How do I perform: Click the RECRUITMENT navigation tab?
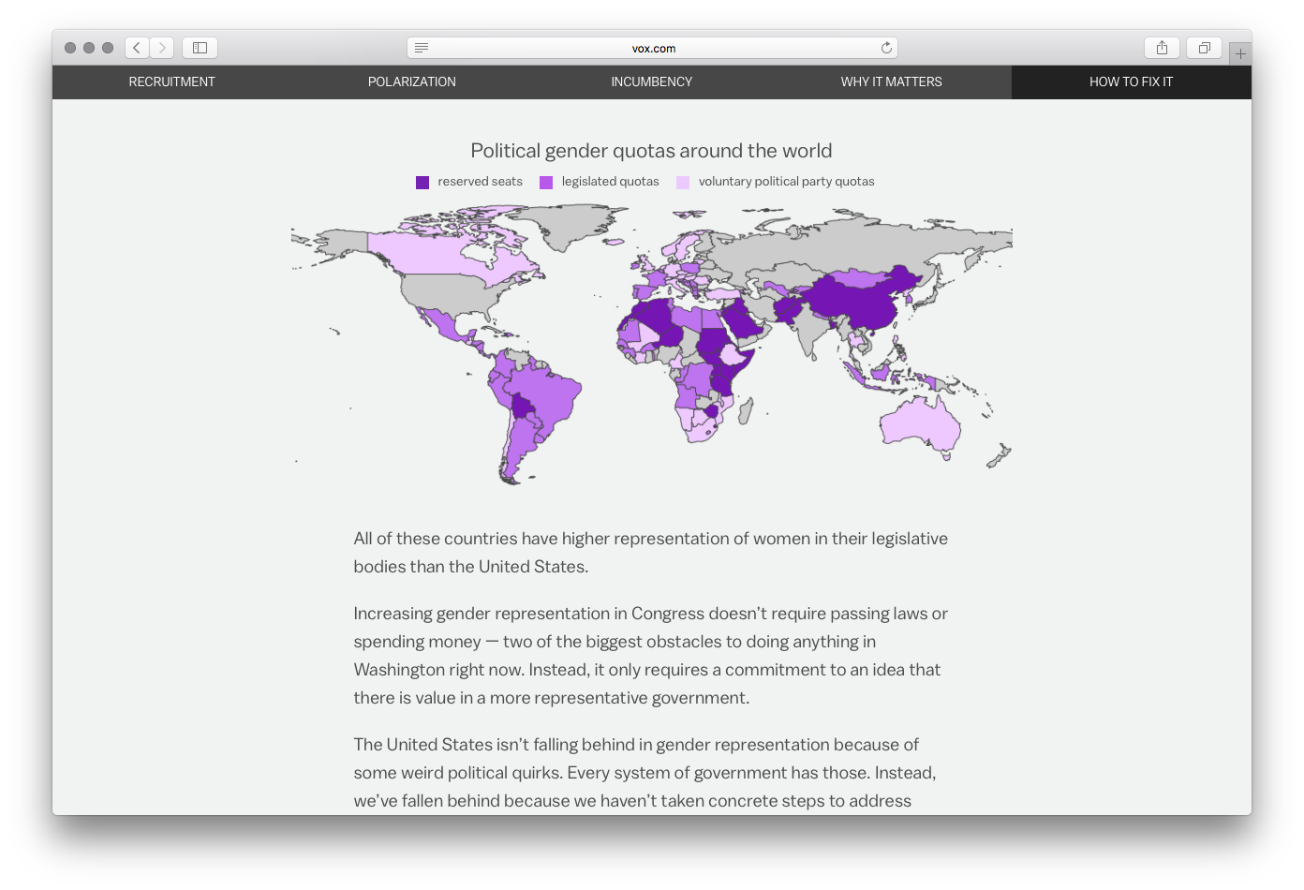pyautogui.click(x=171, y=82)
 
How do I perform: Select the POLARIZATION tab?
pyautogui.click(x=411, y=82)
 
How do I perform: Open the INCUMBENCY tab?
pyautogui.click(x=651, y=82)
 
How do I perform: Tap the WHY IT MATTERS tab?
pyautogui.click(x=891, y=82)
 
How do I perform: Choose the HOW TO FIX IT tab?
pyautogui.click(x=1131, y=82)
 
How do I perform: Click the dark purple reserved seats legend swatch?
pyautogui.click(x=422, y=183)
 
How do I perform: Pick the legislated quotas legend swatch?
pyautogui.click(x=546, y=183)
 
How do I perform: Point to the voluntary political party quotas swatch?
pyautogui.click(x=683, y=183)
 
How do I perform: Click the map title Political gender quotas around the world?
pyautogui.click(x=651, y=151)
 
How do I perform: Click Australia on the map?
pyautogui.click(x=918, y=426)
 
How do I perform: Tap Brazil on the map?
pyautogui.click(x=543, y=389)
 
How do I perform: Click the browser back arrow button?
pyautogui.click(x=137, y=48)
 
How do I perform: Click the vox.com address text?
pyautogui.click(x=653, y=49)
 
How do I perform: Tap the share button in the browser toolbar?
pyautogui.click(x=1162, y=48)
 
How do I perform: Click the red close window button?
pyautogui.click(x=70, y=48)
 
